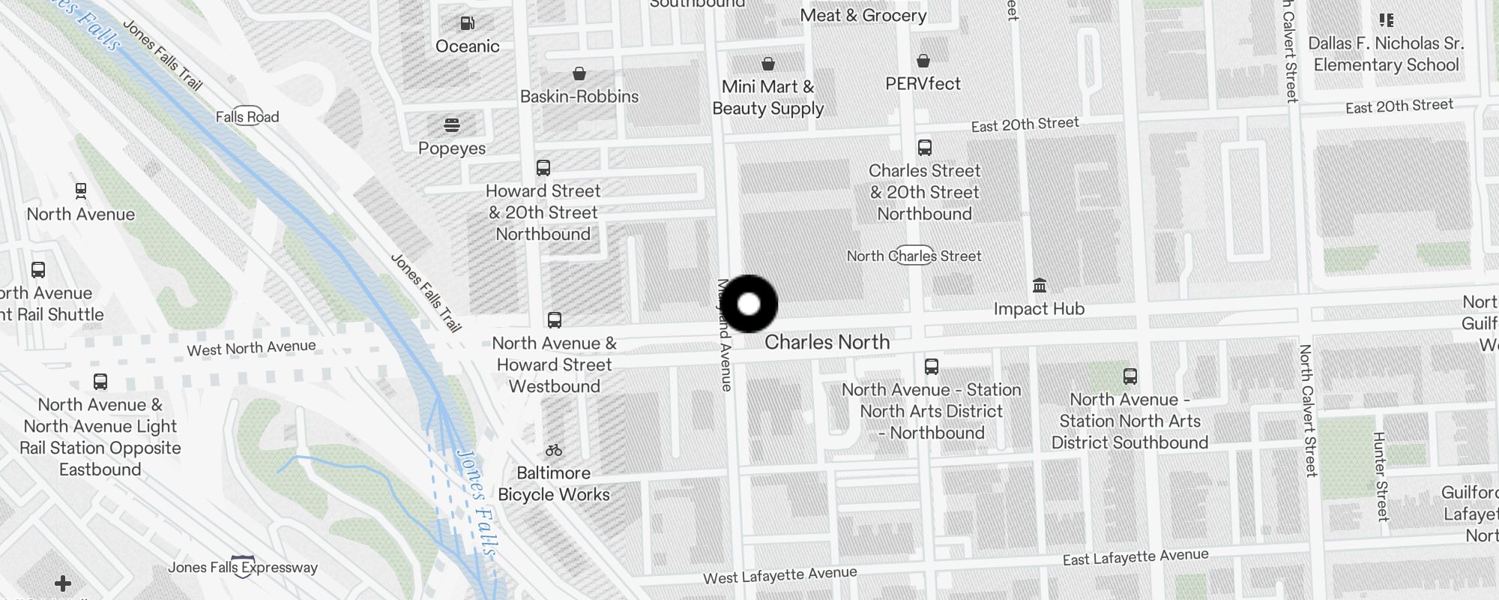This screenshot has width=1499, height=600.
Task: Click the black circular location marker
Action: coord(749,304)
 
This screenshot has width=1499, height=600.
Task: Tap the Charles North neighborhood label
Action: coord(827,342)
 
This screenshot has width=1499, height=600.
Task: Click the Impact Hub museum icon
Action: coord(1039,285)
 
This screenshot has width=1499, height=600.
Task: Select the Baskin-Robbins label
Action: coord(579,97)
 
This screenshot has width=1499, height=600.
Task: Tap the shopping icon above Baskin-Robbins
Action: coord(579,73)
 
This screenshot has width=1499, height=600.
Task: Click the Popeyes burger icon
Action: coord(451,124)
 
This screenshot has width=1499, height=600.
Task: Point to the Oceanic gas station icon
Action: coord(467,23)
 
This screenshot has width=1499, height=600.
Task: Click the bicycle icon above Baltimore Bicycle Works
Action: coord(554,450)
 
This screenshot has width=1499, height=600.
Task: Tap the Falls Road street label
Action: coord(247,117)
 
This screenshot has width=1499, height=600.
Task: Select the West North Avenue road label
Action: coord(251,348)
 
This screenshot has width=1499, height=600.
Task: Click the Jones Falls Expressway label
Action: coord(242,568)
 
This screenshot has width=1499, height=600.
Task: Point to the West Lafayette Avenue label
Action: coord(779,575)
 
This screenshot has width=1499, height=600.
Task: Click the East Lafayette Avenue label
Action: coord(1135,557)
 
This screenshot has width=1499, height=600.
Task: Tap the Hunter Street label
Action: coord(1381,476)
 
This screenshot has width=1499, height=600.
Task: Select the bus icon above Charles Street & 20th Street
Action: coord(925,148)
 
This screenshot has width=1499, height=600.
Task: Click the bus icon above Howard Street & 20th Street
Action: coord(543,168)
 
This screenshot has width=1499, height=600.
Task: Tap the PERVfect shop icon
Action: coord(923,61)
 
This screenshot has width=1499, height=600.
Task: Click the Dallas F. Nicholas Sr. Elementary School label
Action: coord(1386,54)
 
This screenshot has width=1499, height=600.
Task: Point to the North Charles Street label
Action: coord(914,256)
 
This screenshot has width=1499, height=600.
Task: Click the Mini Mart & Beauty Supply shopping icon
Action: coord(768,64)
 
